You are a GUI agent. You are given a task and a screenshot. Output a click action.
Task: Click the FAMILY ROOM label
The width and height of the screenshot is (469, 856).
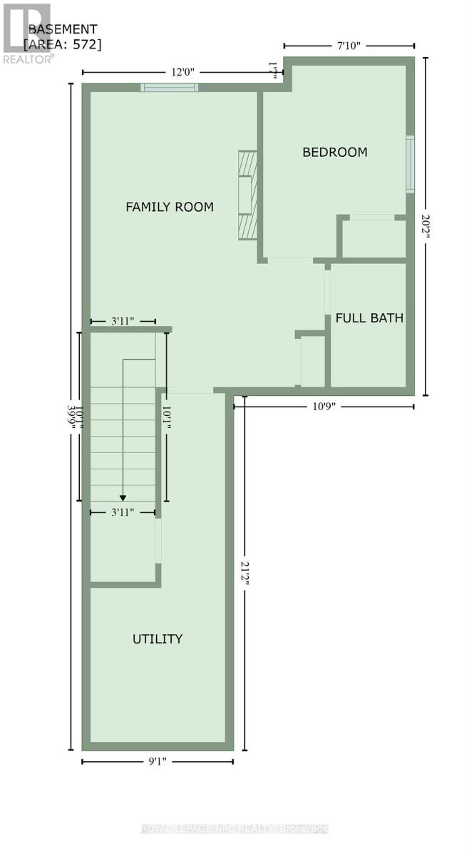[x=170, y=207]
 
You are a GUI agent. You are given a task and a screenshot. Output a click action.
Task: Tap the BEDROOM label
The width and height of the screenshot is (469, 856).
[x=335, y=152]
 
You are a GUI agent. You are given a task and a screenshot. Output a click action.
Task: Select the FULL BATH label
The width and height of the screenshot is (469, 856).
[x=369, y=318]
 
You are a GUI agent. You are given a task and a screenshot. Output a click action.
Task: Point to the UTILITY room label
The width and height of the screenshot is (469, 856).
[x=158, y=638]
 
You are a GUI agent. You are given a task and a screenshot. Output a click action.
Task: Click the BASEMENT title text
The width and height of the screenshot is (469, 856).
[x=63, y=29]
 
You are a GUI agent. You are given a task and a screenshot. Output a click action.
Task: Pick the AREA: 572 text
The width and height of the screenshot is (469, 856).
[x=63, y=44]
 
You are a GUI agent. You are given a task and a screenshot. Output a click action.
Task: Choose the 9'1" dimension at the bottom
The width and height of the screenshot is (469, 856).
[x=157, y=761]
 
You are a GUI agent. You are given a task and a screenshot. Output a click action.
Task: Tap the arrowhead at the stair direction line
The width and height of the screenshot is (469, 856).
[x=123, y=498]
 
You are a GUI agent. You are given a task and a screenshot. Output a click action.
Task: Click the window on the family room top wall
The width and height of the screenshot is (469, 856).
[x=169, y=88]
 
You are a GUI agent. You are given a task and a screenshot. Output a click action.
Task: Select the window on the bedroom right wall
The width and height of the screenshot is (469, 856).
[x=410, y=163]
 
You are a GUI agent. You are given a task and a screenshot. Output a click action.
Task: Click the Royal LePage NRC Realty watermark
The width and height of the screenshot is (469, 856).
[x=234, y=828]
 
